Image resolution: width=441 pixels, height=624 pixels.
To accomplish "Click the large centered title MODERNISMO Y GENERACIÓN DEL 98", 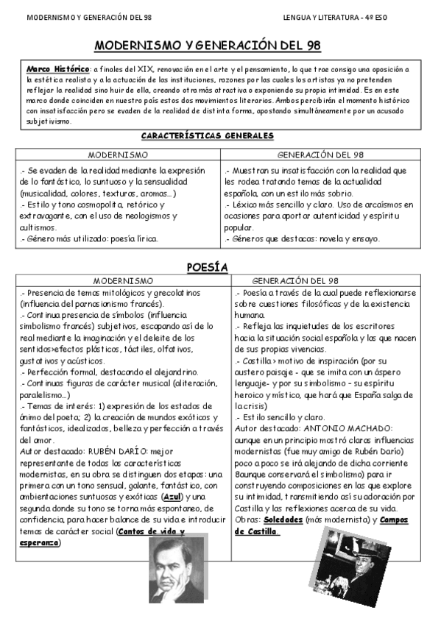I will [208, 46].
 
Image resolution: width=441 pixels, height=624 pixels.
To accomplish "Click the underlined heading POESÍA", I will [207, 266].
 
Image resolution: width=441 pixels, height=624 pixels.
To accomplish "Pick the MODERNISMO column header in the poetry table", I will [123, 281].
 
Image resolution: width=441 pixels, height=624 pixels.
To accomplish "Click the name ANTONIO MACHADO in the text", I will [351, 428].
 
